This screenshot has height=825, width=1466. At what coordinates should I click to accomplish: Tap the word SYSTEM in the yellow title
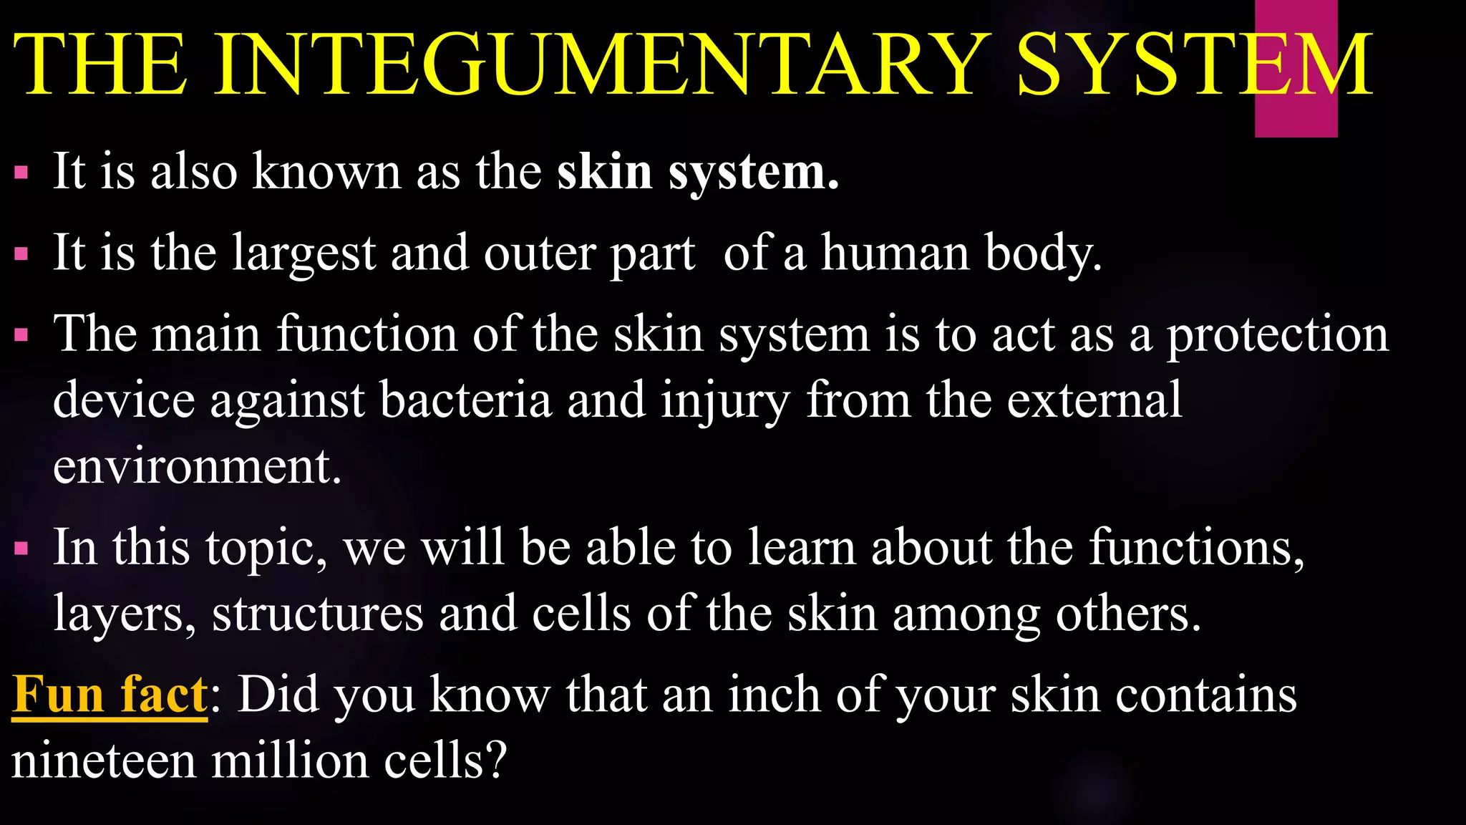pyautogui.click(x=1194, y=64)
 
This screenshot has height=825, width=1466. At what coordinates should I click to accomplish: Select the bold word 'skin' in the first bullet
pyautogui.click(x=604, y=172)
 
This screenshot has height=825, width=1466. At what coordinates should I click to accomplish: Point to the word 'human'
pyautogui.click(x=895, y=253)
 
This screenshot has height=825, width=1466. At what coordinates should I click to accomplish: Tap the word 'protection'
pyautogui.click(x=1278, y=335)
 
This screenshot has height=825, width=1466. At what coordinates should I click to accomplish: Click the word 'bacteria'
pyautogui.click(x=466, y=400)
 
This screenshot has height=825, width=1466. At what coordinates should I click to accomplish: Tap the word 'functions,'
pyautogui.click(x=1197, y=549)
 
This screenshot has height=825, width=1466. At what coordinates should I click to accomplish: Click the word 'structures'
pyautogui.click(x=317, y=614)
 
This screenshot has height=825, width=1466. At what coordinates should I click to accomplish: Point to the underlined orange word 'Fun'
pyautogui.click(x=59, y=694)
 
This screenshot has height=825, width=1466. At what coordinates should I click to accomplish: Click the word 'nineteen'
pyautogui.click(x=103, y=761)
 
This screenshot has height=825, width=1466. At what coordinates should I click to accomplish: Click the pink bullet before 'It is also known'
pyautogui.click(x=21, y=173)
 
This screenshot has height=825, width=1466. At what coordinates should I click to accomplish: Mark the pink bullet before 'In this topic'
pyautogui.click(x=21, y=549)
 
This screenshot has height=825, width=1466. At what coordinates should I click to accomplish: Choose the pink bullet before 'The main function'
pyautogui.click(x=21, y=334)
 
